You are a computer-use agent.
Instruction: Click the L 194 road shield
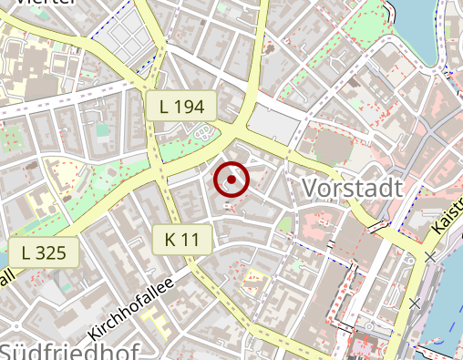(181, 106)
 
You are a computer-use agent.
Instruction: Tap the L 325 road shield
(44, 252)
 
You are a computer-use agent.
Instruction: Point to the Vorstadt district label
(351, 189)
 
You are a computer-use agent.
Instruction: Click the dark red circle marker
(232, 180)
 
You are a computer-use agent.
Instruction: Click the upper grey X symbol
(430, 257)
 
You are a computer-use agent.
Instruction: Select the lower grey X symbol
(415, 303)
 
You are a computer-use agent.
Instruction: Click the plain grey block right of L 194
(271, 123)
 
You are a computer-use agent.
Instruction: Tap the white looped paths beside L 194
(206, 132)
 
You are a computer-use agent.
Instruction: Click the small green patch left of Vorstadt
(286, 224)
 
